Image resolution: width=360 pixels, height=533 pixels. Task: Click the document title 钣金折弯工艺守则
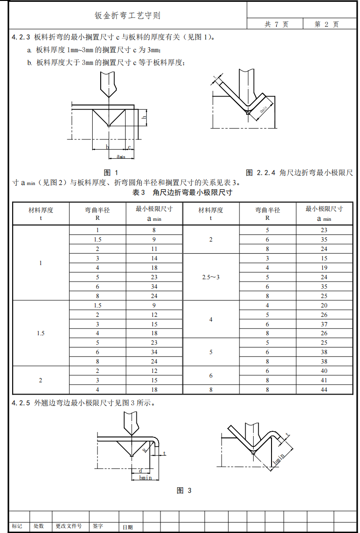click(128, 16)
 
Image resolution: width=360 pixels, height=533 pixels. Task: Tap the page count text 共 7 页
click(276, 24)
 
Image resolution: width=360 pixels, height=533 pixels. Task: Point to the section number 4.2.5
click(21, 403)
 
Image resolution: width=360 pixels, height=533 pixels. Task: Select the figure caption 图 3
click(184, 491)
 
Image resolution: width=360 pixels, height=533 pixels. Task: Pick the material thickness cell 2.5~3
click(210, 277)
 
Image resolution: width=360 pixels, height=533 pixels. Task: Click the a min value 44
click(324, 389)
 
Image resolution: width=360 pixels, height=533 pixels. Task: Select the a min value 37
click(324, 324)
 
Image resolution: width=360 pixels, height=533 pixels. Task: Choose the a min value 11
click(154, 249)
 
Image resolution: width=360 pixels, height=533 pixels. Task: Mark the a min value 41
click(324, 380)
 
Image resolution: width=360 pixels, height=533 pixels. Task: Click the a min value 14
click(154, 258)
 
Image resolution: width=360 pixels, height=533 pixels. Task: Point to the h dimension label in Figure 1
click(144, 116)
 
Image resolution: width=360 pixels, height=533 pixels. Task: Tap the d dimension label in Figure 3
click(140, 470)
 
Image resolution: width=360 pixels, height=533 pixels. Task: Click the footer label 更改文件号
click(69, 526)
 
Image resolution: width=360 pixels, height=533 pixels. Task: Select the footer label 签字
click(98, 526)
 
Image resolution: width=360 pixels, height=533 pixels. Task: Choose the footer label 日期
click(128, 527)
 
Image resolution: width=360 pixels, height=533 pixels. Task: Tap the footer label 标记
click(17, 526)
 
